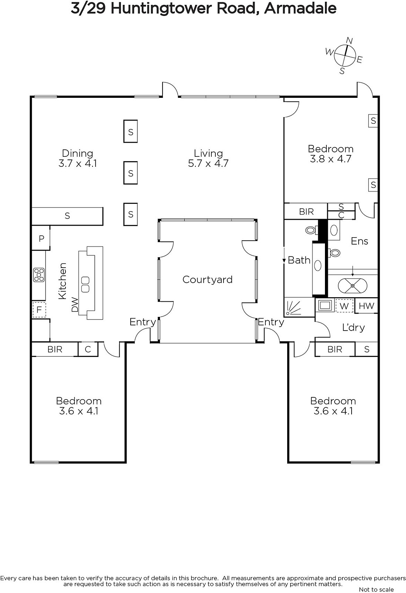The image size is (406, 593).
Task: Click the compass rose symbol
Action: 344,56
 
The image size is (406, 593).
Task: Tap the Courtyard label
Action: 208,279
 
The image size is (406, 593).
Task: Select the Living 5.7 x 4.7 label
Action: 208,158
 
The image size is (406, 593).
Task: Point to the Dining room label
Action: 77,158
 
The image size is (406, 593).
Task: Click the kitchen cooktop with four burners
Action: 39,275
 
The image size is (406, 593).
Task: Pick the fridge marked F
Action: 39,309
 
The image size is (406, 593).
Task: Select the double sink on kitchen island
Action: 85,285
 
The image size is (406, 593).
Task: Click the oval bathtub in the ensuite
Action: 353,286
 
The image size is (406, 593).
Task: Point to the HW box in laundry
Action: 366,306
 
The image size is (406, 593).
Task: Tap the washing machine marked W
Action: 344,306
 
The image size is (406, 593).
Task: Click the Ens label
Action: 359,241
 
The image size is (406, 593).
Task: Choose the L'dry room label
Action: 353,328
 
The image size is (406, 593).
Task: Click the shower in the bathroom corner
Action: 293,307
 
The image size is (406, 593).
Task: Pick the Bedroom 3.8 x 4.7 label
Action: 330,153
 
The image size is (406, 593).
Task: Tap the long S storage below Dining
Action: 67,216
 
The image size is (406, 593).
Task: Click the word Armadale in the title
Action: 301,9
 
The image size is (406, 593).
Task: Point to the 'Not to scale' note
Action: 376,589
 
